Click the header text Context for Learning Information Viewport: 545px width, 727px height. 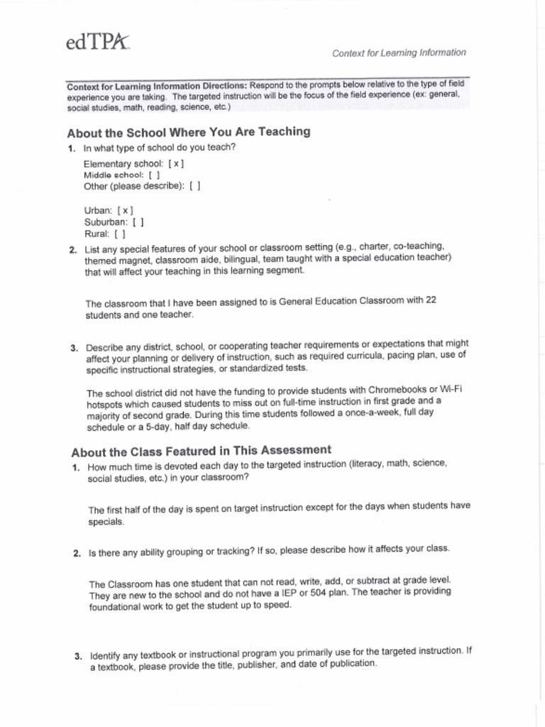(x=400, y=53)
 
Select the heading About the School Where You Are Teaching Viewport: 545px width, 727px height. (x=188, y=132)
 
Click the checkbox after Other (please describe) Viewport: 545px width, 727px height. (x=195, y=186)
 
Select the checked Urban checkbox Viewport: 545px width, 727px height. (x=126, y=211)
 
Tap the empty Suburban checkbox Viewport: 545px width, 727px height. (x=138, y=222)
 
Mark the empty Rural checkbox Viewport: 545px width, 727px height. (x=120, y=234)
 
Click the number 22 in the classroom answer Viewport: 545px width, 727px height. (x=430, y=300)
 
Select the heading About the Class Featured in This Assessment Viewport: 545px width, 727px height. (x=201, y=451)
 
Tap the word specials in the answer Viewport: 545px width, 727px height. (x=106, y=522)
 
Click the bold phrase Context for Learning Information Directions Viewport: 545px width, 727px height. (x=157, y=87)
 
